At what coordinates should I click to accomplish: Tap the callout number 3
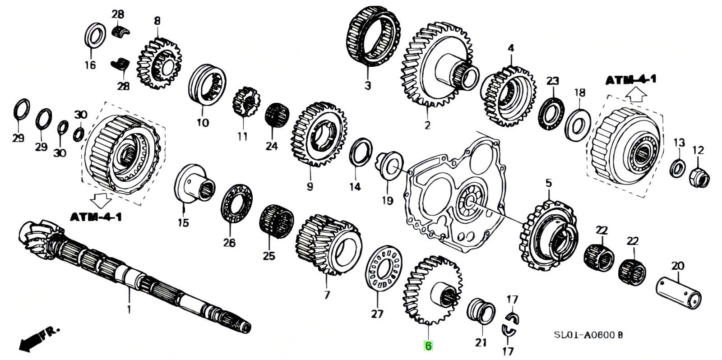click(x=367, y=85)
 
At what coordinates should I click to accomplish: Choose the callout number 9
click(x=309, y=186)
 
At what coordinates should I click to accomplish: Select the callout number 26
click(x=229, y=243)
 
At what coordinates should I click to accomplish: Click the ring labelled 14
click(x=361, y=153)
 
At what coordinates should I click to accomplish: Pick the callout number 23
click(x=553, y=81)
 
